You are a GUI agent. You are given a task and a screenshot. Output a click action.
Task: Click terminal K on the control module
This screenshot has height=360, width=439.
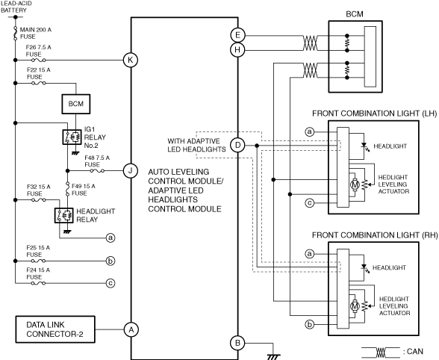coord(131,60)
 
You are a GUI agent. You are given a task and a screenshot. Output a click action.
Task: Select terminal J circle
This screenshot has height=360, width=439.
coord(131,170)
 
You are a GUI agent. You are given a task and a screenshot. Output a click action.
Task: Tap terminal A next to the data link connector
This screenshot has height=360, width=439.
coord(131,329)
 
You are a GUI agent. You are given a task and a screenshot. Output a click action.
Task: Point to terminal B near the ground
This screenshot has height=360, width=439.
coord(237,343)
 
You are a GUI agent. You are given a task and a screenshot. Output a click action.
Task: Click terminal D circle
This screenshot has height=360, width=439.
coord(237,145)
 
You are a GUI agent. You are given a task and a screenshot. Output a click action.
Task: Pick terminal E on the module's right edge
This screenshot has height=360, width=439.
coord(237,35)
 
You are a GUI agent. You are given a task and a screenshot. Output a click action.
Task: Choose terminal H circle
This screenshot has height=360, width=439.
coord(237,50)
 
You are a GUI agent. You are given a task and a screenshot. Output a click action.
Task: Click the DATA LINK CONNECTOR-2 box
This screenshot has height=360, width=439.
coord(55,329)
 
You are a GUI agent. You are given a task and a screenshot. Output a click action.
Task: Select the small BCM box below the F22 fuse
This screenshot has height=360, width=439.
coord(76,104)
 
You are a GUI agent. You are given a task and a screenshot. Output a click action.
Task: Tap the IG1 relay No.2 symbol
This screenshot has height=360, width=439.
coord(72,137)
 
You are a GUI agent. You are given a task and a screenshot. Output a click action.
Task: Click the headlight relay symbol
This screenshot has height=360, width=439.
coord(64,215)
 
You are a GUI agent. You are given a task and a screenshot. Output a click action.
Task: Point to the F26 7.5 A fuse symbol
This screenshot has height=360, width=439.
coord(39,60)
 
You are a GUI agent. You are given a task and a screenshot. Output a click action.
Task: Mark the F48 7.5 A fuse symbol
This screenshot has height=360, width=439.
coord(97,170)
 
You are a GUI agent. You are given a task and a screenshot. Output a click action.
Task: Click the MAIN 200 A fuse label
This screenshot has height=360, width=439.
coord(36,33)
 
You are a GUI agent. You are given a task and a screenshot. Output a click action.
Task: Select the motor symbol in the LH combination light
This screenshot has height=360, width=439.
coord(355,184)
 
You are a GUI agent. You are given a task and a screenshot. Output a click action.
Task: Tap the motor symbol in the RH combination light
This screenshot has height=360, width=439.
coord(355,306)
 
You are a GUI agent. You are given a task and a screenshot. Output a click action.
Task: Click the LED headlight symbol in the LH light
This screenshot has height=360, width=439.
coord(365,146)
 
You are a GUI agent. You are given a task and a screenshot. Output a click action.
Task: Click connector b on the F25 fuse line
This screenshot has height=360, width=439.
coord(110,261)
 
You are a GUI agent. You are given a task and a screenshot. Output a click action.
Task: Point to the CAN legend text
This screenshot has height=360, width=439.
coord(414,351)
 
